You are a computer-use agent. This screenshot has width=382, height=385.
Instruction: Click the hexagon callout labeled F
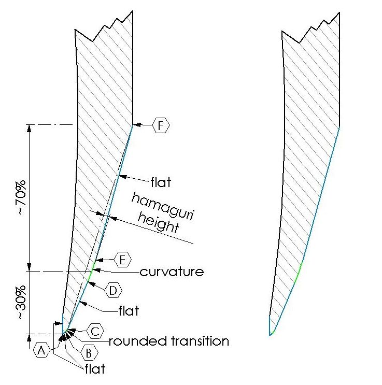tap(161, 125)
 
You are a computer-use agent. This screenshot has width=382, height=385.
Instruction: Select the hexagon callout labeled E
tap(121, 259)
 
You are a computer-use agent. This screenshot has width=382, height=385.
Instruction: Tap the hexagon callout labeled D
tap(113, 291)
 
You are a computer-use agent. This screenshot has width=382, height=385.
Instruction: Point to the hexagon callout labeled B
tap(89, 352)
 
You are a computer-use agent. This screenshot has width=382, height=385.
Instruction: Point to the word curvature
tap(172, 271)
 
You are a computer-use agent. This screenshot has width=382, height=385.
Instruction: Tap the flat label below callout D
tap(128, 311)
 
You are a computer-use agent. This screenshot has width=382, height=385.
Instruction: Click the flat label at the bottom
tap(94, 369)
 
